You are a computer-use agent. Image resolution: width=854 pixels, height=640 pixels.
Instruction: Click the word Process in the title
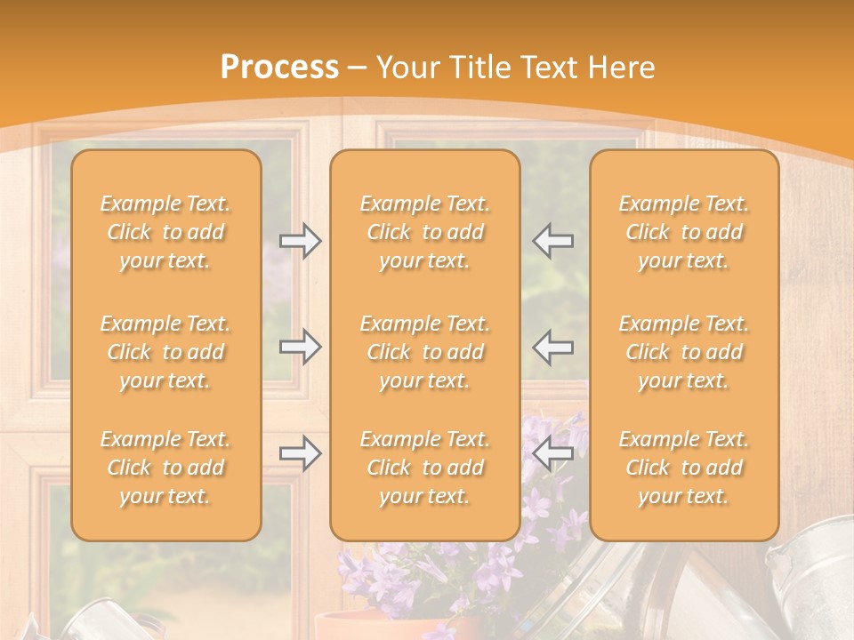(279, 67)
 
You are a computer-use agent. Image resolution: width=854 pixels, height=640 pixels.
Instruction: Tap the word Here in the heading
(619, 67)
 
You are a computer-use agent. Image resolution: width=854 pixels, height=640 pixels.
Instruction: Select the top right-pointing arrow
(300, 240)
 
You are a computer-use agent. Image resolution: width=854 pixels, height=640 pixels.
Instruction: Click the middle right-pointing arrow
(300, 347)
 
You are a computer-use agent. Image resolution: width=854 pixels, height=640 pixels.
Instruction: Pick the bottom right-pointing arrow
(300, 453)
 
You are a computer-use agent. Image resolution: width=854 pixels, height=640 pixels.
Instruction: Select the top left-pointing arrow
(553, 240)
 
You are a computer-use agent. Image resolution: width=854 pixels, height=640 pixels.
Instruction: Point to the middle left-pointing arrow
(553, 347)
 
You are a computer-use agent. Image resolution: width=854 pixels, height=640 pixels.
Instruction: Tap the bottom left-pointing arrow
(553, 453)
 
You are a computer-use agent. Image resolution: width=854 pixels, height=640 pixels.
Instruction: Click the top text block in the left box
(165, 232)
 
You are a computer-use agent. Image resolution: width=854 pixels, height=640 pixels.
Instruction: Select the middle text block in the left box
(165, 352)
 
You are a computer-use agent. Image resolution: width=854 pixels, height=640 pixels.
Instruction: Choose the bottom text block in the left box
(165, 468)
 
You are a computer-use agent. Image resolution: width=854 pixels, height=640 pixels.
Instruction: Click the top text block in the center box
(425, 232)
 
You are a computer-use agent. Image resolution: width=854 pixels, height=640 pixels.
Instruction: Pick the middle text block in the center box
(425, 352)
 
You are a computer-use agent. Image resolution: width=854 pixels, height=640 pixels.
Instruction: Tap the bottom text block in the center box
(425, 468)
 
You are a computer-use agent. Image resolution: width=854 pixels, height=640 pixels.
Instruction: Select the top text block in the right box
(684, 232)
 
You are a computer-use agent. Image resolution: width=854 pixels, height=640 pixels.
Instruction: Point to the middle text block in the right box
(684, 352)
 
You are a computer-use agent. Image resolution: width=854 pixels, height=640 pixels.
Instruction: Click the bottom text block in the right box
(684, 468)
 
